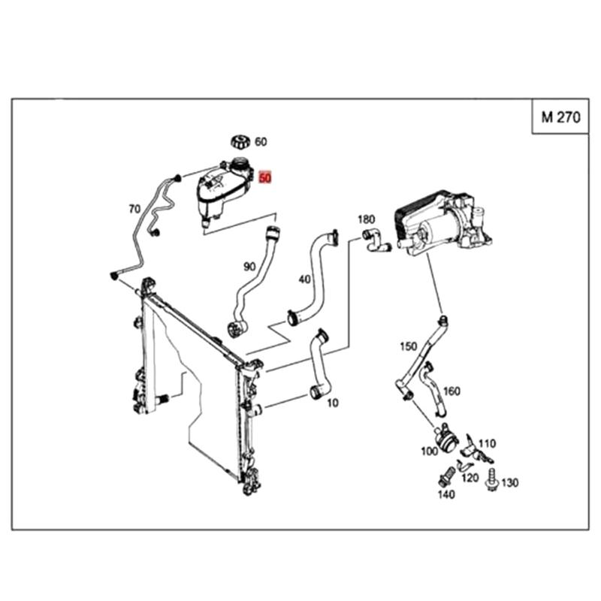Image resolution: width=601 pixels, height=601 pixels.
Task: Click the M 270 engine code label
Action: click(x=560, y=117)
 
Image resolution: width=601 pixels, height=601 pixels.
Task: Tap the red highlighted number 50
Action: click(x=265, y=178)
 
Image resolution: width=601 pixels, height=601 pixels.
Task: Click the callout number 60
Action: click(x=261, y=142)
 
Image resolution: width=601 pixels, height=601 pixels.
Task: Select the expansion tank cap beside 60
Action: click(x=240, y=142)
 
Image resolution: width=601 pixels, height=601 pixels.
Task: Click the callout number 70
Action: click(x=134, y=210)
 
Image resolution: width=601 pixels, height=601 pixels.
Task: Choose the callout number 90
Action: click(x=249, y=267)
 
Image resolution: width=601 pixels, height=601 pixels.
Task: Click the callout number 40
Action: click(x=305, y=279)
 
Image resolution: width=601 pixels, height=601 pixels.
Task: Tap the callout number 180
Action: click(x=366, y=219)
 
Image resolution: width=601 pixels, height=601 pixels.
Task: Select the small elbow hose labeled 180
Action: click(x=376, y=240)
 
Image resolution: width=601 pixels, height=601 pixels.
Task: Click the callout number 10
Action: click(x=333, y=403)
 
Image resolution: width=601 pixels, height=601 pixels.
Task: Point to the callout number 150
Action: click(x=408, y=346)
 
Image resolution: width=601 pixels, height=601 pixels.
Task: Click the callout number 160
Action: click(x=452, y=391)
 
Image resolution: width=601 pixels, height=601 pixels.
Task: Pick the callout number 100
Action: click(x=429, y=452)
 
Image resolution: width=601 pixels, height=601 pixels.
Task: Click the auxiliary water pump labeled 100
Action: click(x=445, y=438)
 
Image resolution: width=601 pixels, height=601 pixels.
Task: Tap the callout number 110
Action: click(x=487, y=443)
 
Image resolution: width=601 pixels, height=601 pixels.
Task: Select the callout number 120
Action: click(x=470, y=478)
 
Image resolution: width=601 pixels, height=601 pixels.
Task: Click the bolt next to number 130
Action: click(x=492, y=479)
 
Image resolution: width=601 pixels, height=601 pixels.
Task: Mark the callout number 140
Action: click(x=446, y=494)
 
